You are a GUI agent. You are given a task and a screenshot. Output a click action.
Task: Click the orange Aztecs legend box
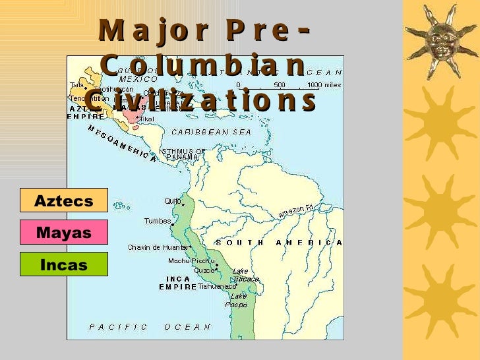64,200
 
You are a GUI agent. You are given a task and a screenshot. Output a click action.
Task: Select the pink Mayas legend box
64,232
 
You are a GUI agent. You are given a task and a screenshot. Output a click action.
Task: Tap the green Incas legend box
64,265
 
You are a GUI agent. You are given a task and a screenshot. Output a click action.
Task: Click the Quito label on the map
173,201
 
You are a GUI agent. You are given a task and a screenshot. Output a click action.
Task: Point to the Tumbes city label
158,221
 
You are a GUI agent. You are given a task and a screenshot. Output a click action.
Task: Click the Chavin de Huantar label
159,248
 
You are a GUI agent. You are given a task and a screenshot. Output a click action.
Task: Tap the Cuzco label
204,270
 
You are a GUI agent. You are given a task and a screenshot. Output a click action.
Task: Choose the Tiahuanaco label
217,287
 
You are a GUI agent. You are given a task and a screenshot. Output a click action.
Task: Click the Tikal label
147,119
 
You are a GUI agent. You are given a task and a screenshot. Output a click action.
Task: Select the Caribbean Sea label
211,132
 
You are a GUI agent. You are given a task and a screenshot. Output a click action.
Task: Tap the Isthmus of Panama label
183,154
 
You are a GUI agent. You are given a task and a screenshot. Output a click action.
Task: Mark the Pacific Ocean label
150,326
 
